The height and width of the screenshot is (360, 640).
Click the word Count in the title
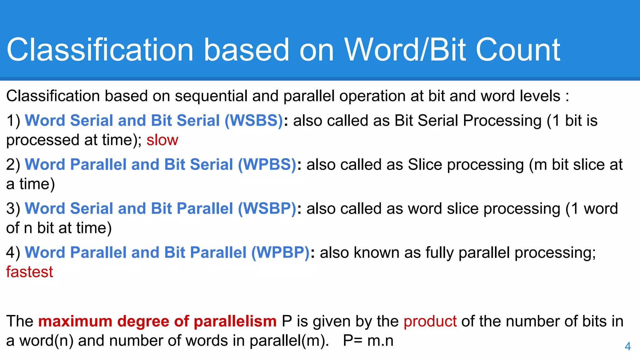click(x=518, y=50)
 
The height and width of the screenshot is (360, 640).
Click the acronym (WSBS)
click(x=254, y=121)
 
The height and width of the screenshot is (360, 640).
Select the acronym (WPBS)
click(x=267, y=165)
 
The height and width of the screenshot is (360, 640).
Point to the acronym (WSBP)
click(x=267, y=209)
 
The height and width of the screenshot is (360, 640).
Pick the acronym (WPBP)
click(x=280, y=252)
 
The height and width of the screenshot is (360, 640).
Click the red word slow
click(x=162, y=140)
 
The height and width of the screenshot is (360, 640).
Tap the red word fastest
click(x=30, y=272)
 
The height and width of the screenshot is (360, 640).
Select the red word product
click(x=430, y=321)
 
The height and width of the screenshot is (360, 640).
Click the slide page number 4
click(x=627, y=346)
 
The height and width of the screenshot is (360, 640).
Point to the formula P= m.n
click(x=368, y=341)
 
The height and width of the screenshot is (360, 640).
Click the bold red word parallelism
click(x=235, y=321)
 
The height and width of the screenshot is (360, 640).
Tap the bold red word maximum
click(x=75, y=321)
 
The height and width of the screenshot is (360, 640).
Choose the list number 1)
click(x=13, y=121)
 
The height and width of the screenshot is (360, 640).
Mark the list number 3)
click(x=13, y=209)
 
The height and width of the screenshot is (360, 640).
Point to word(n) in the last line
click(x=47, y=341)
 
